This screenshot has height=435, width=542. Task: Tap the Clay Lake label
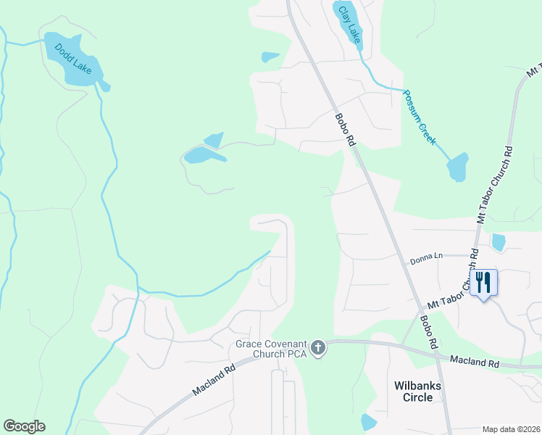(350, 25)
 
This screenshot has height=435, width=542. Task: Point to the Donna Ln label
(426, 256)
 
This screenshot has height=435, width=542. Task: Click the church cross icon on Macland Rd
(317, 349)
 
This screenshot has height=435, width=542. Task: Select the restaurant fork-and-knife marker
(484, 282)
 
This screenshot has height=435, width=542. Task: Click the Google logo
(24, 426)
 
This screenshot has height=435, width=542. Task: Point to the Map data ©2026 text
(511, 429)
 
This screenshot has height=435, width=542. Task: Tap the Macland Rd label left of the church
(215, 380)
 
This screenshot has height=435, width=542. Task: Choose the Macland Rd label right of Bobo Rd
(475, 360)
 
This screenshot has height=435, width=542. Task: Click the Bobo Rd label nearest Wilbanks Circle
(428, 329)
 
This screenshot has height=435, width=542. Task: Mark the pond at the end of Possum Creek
(457, 167)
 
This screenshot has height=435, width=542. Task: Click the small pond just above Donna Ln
(499, 241)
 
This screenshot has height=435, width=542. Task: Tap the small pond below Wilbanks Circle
(369, 422)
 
